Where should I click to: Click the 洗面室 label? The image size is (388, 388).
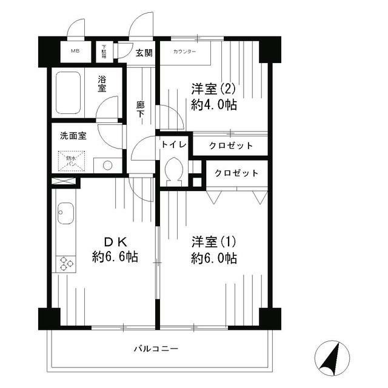pyautogui.click(x=73, y=135)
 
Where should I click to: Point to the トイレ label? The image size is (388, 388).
pyautogui.click(x=173, y=145)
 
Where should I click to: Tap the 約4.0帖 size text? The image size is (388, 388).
pyautogui.click(x=213, y=105)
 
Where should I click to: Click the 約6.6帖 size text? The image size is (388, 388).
pyautogui.click(x=115, y=257)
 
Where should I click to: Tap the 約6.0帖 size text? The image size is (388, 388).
pyautogui.click(x=213, y=258)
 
